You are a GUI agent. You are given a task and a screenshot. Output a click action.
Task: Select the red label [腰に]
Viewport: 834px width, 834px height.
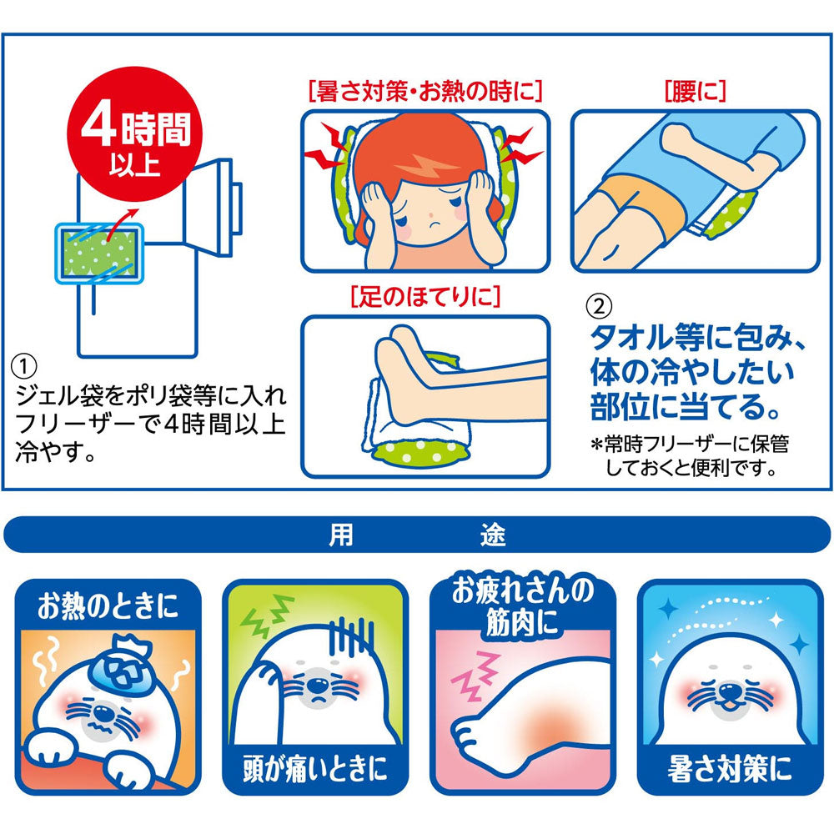(x=695, y=91)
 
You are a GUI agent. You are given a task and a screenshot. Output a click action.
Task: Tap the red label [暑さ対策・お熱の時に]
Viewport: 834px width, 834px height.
(x=425, y=91)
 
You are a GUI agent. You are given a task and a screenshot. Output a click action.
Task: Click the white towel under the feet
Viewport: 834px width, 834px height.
(x=392, y=417)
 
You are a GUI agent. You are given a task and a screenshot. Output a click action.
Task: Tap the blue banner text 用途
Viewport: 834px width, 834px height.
(x=417, y=535)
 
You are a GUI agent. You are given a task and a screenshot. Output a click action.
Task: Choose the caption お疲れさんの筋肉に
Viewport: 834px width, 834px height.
(x=523, y=605)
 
